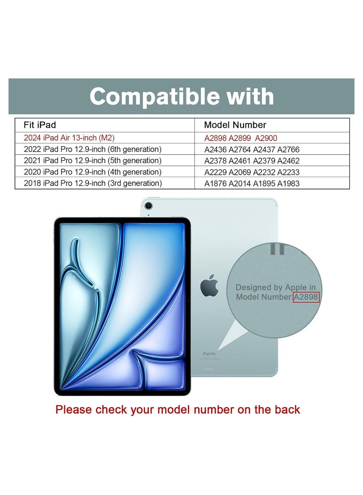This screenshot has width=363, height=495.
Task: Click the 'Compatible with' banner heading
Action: pyautogui.click(x=181, y=97)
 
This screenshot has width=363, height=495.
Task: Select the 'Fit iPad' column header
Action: pyautogui.click(x=40, y=125)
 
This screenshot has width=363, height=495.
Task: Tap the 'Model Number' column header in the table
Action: pyautogui.click(x=235, y=125)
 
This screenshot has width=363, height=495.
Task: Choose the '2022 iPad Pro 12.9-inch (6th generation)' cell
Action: pyautogui.click(x=92, y=149)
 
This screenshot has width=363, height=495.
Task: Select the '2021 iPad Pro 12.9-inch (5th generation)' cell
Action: pyautogui.click(x=92, y=161)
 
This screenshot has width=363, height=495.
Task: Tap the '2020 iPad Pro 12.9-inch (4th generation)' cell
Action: pyautogui.click(x=92, y=172)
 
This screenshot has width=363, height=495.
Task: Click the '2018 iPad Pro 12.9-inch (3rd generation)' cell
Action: pyautogui.click(x=92, y=183)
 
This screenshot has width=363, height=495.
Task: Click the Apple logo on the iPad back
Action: pyautogui.click(x=210, y=287)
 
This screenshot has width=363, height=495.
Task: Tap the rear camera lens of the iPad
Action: pyautogui.click(x=148, y=206)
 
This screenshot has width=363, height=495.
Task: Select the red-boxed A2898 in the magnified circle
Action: pyautogui.click(x=306, y=297)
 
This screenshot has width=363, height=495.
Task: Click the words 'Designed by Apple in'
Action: pyautogui.click(x=275, y=288)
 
